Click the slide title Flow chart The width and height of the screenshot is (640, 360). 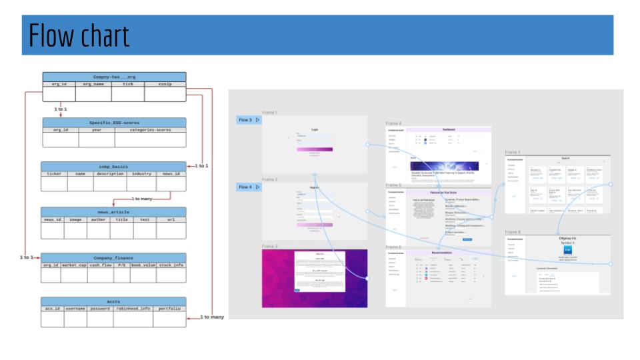pos(79,35)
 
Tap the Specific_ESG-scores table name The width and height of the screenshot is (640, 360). pos(114,123)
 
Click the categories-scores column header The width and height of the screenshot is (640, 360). pos(150,130)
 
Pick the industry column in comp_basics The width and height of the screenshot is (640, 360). pos(141,173)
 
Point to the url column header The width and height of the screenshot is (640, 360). pos(171,219)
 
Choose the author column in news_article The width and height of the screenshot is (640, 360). pos(99,219)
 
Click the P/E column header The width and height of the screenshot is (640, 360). pos(122,265)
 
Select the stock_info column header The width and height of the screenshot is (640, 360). pos(171,265)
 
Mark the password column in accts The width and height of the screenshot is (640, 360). pos(100,309)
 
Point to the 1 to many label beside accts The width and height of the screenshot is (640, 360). pos(212,317)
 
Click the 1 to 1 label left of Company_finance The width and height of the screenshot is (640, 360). pos(26,257)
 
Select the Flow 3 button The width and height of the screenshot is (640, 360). pos(249,120)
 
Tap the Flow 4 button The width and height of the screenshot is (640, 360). pos(249,187)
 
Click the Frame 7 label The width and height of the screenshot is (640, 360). pos(513,153)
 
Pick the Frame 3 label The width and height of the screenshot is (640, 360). pos(269,246)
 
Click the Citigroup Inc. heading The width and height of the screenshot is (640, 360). pos(558,238)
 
